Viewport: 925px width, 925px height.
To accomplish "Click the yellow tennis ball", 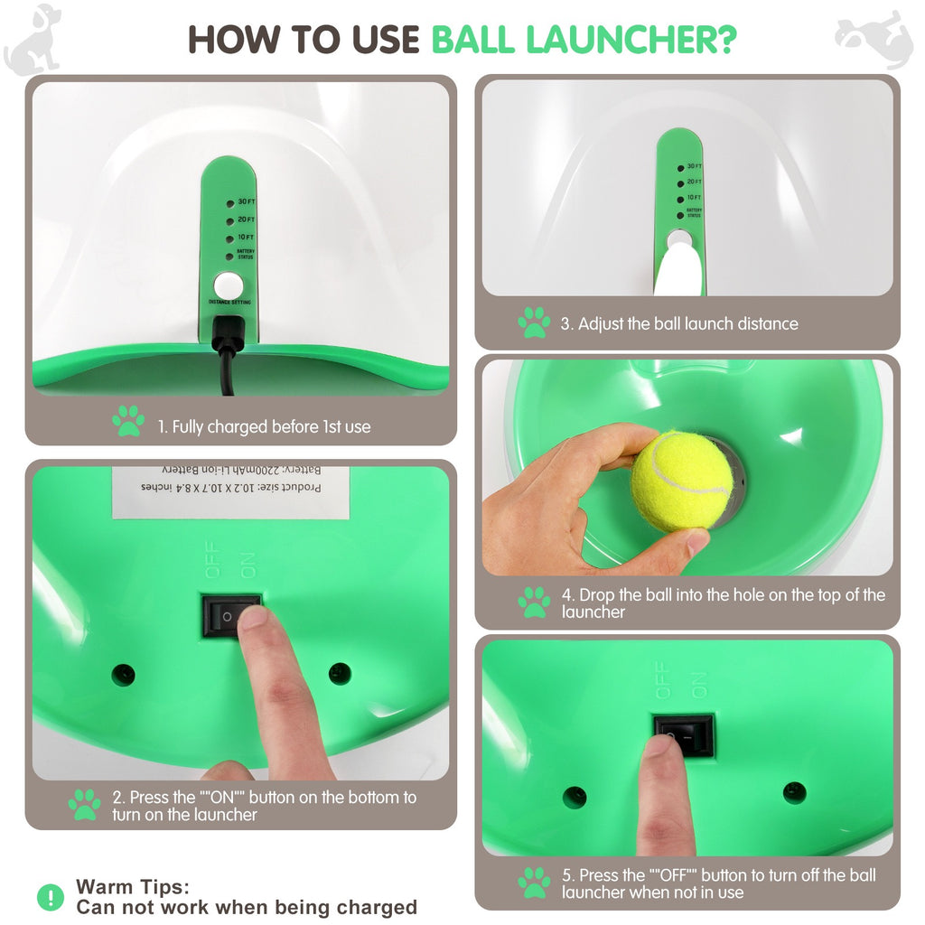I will [x=681, y=481].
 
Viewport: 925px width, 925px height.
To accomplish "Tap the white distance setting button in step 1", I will [x=229, y=284].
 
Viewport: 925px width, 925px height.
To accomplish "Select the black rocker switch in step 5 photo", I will [x=684, y=735].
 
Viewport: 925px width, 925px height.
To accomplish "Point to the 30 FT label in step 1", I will [x=246, y=202].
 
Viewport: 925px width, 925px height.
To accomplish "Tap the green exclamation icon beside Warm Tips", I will [x=51, y=897].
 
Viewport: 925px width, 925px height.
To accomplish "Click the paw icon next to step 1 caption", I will [x=128, y=421].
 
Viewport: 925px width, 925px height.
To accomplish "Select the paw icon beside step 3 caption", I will [x=534, y=322].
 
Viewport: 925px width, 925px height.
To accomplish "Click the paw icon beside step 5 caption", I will [x=534, y=883].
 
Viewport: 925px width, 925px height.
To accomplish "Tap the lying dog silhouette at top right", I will [x=874, y=37].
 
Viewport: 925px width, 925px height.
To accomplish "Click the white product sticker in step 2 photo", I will [x=230, y=491].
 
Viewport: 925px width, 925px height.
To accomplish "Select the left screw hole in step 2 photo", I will [x=123, y=674].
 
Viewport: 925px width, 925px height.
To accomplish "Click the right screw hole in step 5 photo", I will [x=794, y=792].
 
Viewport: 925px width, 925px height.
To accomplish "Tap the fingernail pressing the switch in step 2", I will [x=254, y=617].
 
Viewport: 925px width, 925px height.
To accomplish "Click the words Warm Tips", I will [x=133, y=887].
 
